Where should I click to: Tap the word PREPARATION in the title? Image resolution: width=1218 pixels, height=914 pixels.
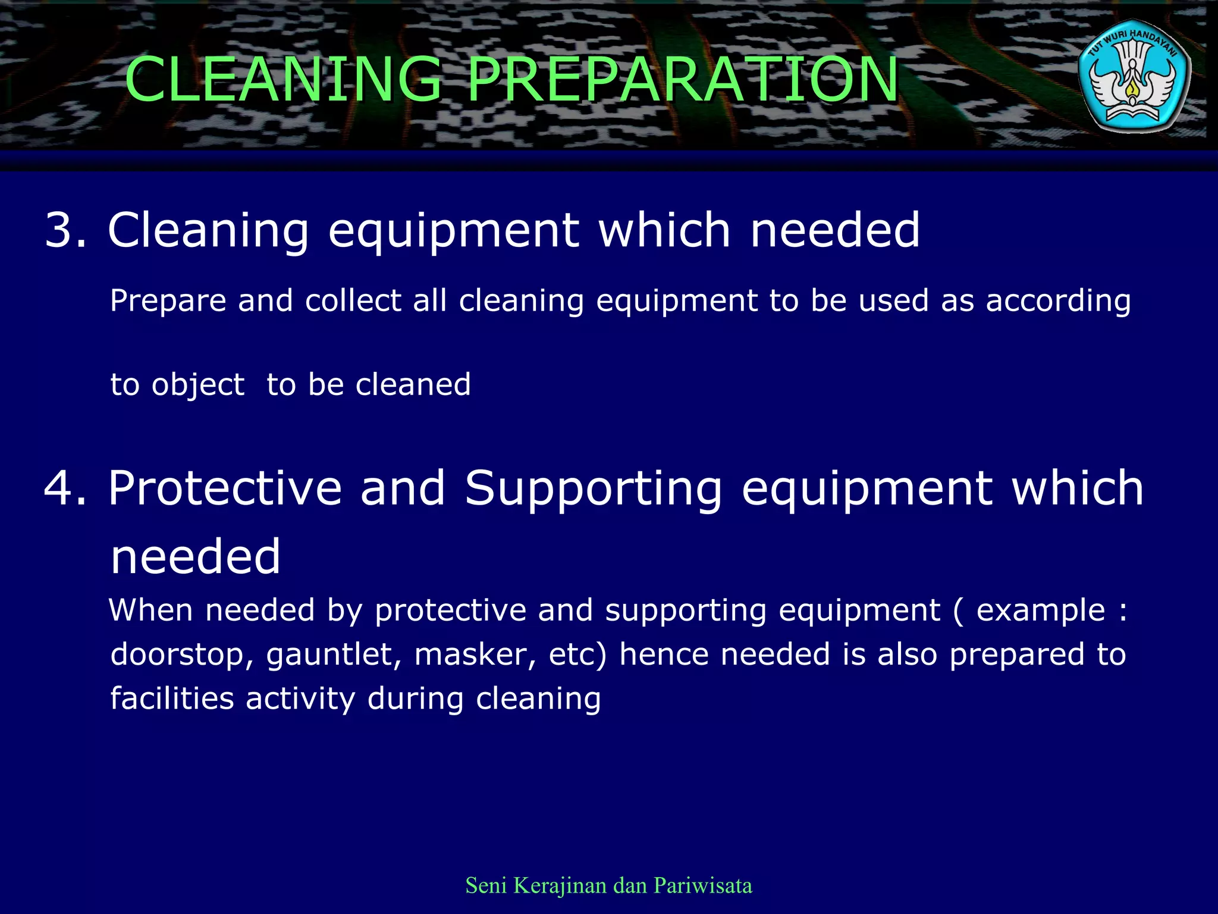tap(682, 79)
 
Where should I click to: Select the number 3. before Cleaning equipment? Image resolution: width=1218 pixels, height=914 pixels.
tap(65, 230)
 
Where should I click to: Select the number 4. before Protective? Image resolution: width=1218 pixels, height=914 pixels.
tap(65, 489)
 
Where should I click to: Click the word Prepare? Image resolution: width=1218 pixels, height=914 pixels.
tap(168, 301)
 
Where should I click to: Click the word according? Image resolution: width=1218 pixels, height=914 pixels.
tap(1058, 301)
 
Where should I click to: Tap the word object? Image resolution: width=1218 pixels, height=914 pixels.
tap(197, 385)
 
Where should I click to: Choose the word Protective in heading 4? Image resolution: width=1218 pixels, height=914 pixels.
tap(225, 489)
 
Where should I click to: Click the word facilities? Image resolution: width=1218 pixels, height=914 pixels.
tap(172, 699)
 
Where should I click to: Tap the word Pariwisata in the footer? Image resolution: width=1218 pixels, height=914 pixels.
tap(702, 885)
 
